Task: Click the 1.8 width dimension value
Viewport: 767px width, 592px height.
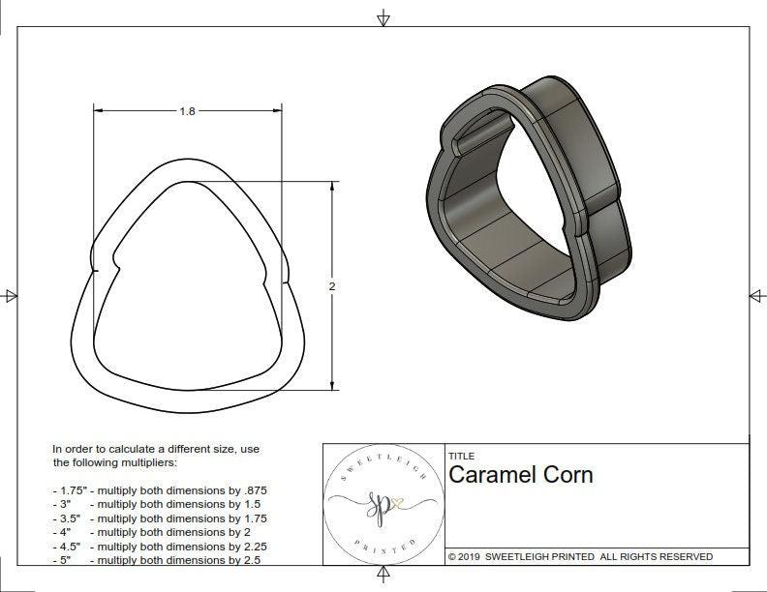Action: [x=188, y=111]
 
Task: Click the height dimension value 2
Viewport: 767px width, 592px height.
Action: [x=332, y=286]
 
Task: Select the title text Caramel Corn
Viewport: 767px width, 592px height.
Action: [x=520, y=475]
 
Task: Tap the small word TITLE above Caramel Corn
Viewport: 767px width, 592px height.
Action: [x=462, y=456]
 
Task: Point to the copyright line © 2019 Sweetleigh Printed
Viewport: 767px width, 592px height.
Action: [x=580, y=556]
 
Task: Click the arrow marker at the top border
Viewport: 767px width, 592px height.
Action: [x=383, y=17]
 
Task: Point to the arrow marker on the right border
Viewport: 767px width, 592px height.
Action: [x=756, y=295]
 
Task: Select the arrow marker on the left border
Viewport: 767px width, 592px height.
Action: [x=11, y=295]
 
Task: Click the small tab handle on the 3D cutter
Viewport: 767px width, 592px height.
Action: [x=481, y=133]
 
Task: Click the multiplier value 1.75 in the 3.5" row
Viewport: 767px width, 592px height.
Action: [x=248, y=518]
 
